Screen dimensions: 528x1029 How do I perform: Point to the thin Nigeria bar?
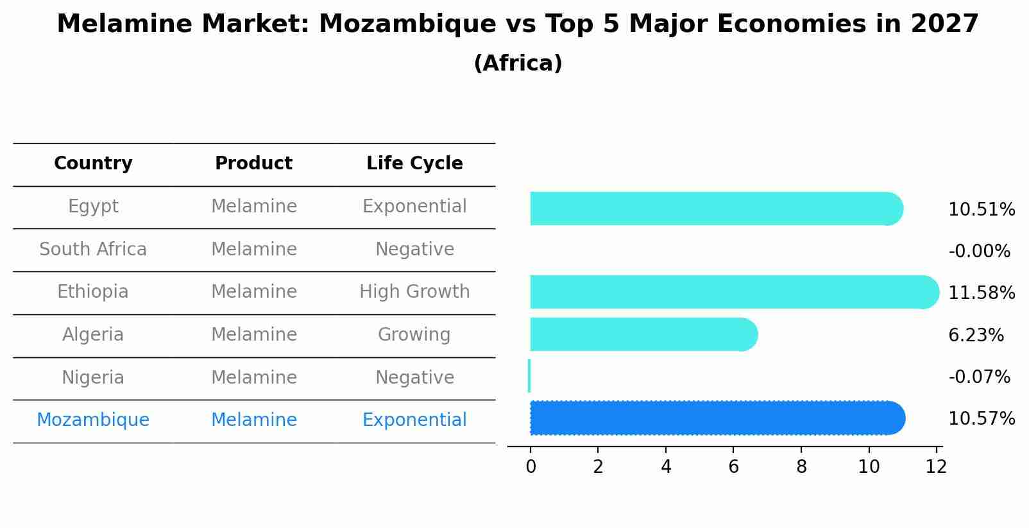coord(529,376)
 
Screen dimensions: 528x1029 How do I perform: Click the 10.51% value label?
coord(981,210)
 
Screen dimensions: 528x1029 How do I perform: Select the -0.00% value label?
coord(979,251)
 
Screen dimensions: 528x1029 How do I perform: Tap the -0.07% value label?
coord(979,377)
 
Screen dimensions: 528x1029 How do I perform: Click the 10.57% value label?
coord(981,419)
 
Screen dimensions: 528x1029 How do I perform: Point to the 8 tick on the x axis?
coord(801,467)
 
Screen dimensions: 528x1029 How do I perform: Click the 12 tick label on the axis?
coord(936,467)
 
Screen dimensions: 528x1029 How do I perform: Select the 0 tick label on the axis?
coord(531,467)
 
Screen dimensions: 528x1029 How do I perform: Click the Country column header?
coord(93,164)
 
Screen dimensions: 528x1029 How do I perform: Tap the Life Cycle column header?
coord(414,164)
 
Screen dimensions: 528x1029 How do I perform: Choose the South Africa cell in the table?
coord(93,250)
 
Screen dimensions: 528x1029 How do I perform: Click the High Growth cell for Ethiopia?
coord(414,292)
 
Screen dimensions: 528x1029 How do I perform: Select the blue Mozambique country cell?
coord(93,420)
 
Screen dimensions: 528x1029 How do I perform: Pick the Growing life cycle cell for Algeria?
coord(414,335)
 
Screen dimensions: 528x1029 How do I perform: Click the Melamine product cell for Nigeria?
coord(254,378)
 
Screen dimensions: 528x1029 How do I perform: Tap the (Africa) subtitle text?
coord(518,64)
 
